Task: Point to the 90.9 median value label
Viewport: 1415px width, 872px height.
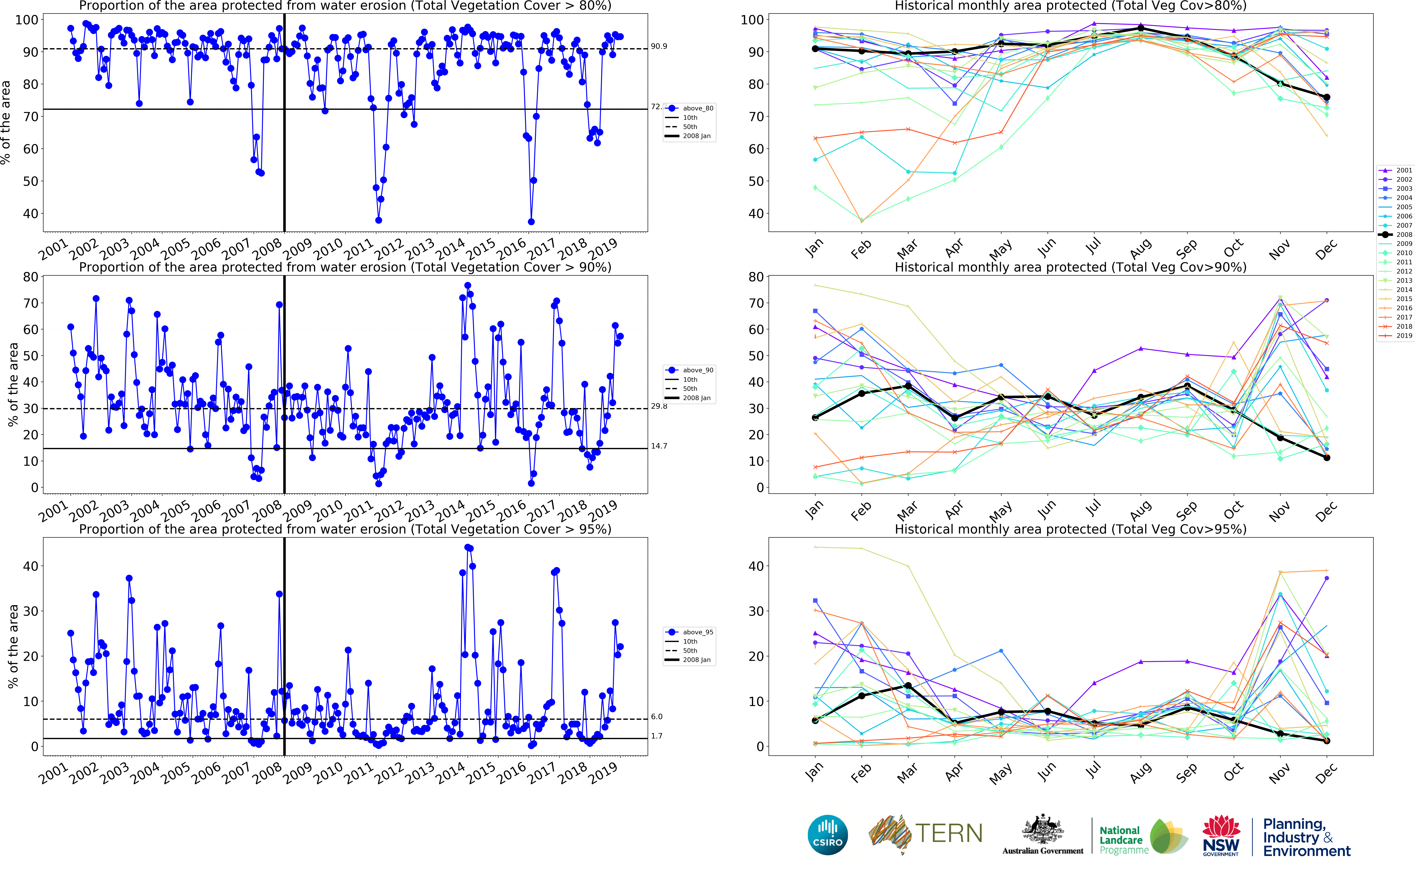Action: coord(659,46)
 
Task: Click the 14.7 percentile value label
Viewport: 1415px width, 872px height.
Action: coord(659,446)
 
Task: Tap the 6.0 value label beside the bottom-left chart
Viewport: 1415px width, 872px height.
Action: coord(657,716)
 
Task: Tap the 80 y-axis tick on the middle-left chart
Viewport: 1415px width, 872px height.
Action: coord(30,277)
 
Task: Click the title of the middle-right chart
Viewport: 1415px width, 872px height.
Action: coord(1070,267)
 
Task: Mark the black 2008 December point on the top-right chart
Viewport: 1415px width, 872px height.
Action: coord(1326,97)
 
